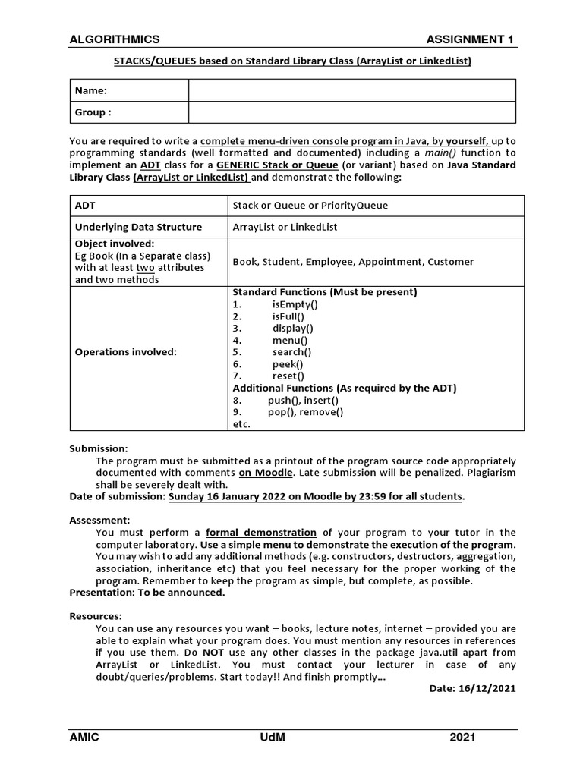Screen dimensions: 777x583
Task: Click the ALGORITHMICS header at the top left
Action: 115,39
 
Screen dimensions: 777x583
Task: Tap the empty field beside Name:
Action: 352,90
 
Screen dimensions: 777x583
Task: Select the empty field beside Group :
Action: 352,112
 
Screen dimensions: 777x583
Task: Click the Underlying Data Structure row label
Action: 138,227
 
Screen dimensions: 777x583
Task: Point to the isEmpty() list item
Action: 295,304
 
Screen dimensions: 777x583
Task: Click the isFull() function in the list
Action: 288,316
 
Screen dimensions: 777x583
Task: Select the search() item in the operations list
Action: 292,352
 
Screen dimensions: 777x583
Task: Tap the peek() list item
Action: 288,364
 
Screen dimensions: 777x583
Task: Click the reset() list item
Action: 288,376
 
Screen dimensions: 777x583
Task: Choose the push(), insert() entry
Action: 303,400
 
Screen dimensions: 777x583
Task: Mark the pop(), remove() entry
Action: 305,412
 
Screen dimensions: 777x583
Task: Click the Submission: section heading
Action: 99,448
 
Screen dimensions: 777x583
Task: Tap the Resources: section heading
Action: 96,616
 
